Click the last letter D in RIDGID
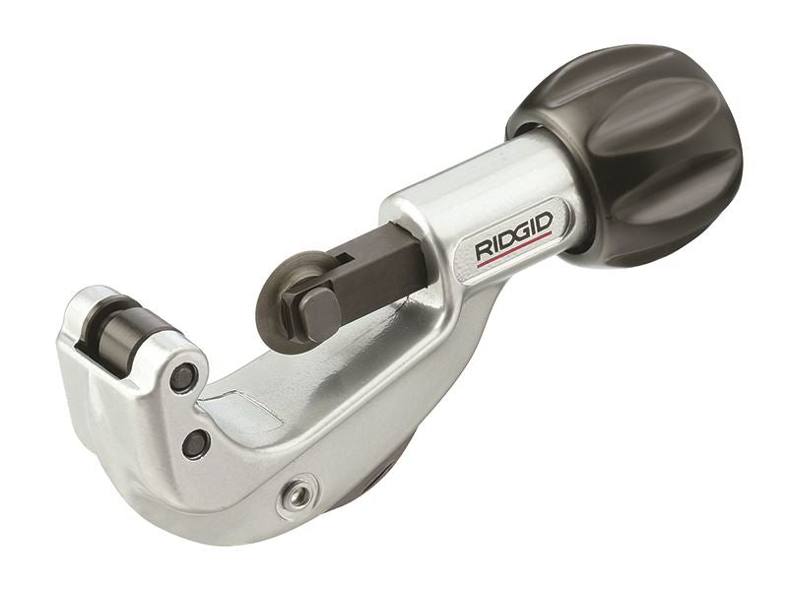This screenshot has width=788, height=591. coord(546,221)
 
